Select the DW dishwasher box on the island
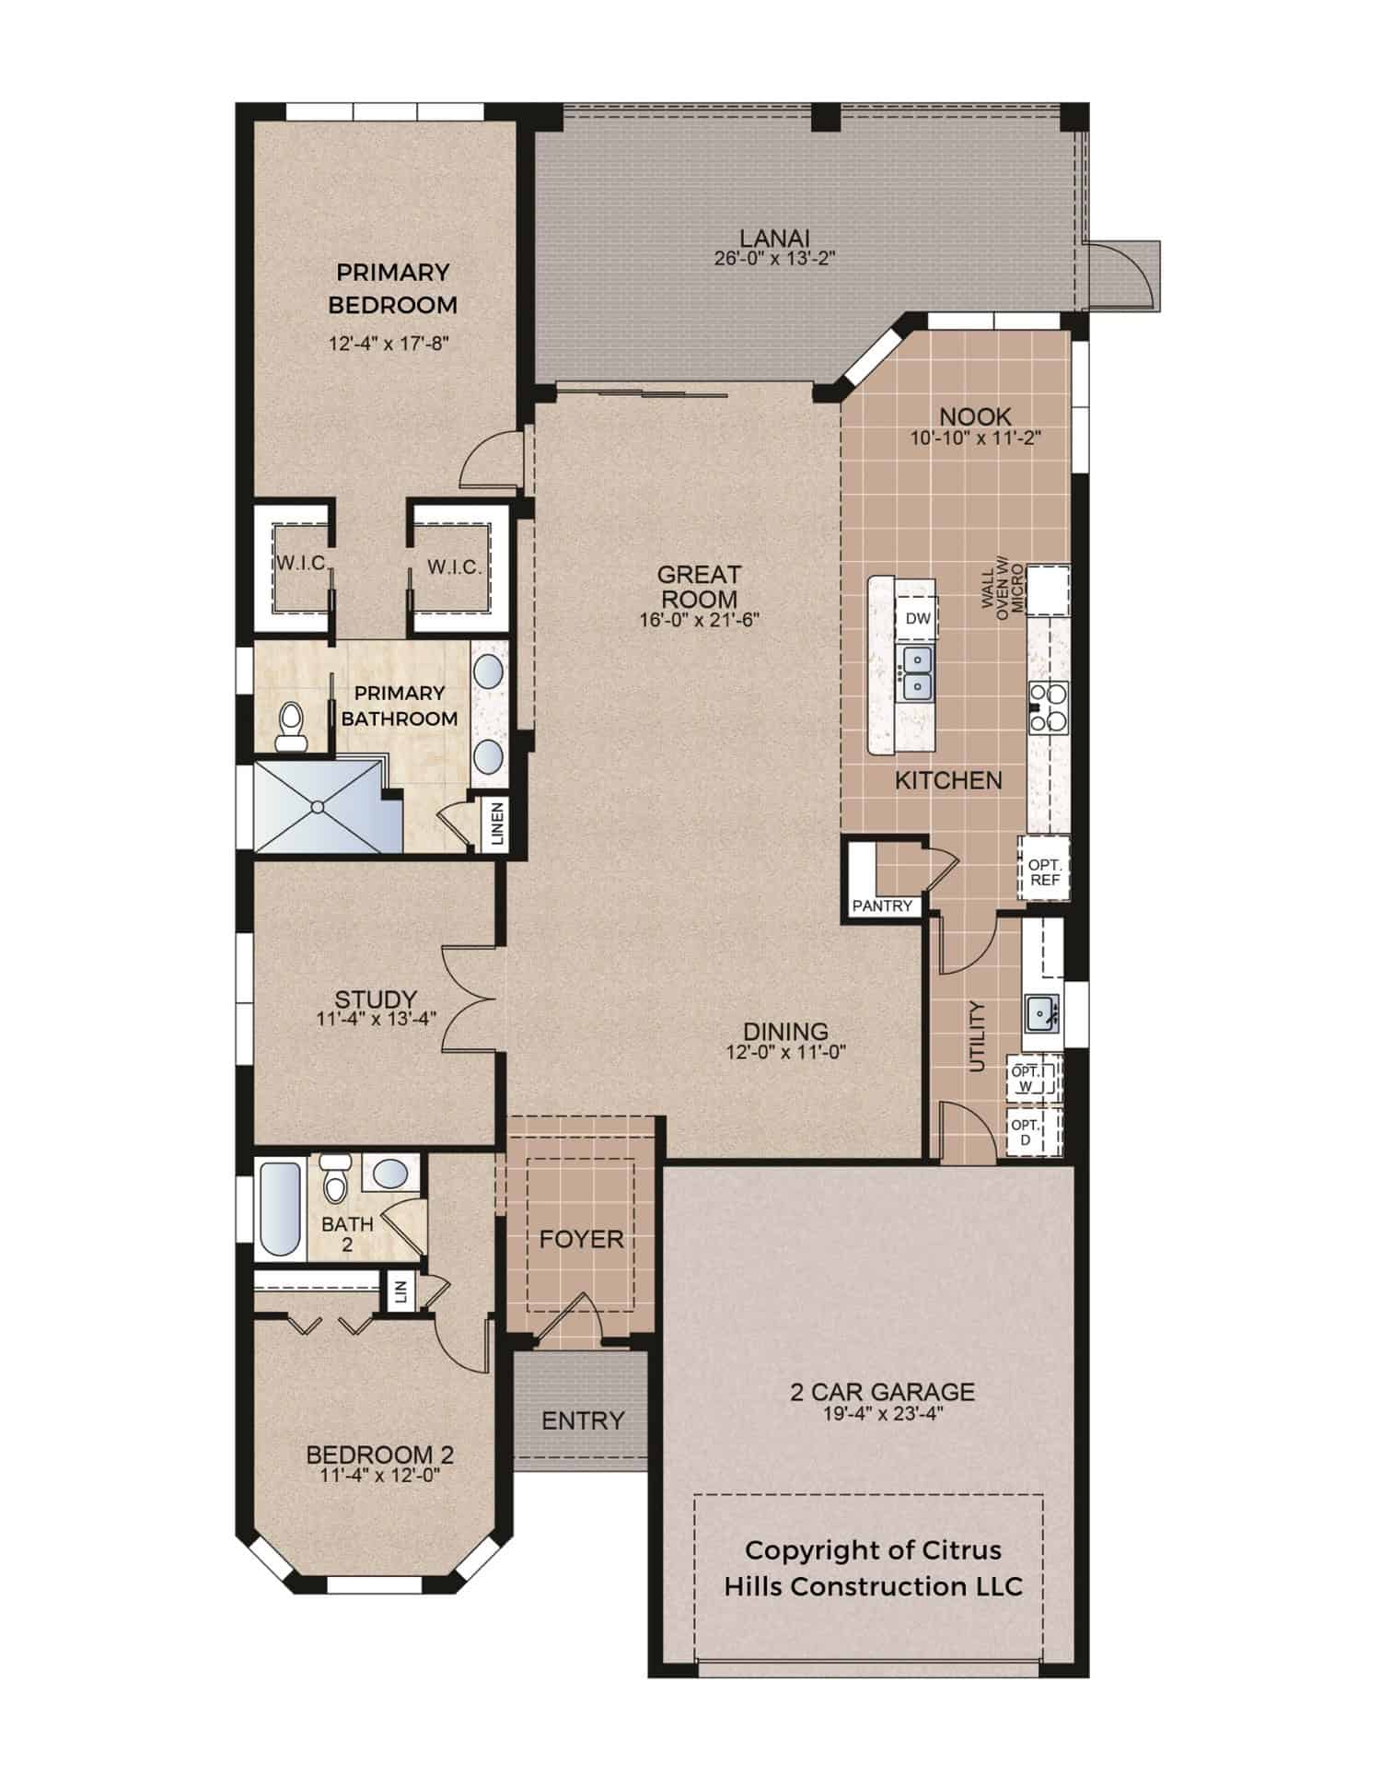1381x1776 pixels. (x=918, y=619)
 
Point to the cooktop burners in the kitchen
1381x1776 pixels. (x=1048, y=706)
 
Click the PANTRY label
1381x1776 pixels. (x=882, y=906)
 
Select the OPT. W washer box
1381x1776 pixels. (x=1036, y=1079)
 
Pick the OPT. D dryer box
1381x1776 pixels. (x=1036, y=1132)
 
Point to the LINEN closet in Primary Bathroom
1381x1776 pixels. (x=497, y=824)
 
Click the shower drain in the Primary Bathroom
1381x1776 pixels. (x=318, y=807)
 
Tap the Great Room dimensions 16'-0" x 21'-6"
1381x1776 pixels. (x=699, y=620)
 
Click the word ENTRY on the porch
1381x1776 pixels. (x=583, y=1420)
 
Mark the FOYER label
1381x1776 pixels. (x=582, y=1239)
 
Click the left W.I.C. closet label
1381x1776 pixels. (x=300, y=563)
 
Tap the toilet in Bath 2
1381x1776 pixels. (x=334, y=1178)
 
